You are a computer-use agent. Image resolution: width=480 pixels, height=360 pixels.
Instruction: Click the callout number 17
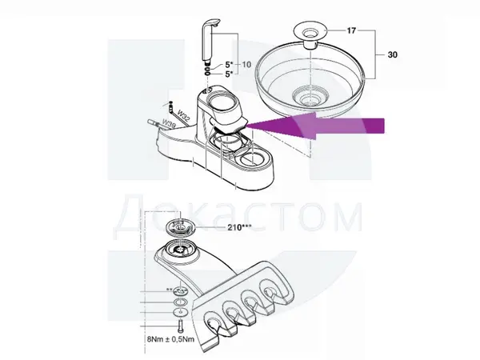[351, 30]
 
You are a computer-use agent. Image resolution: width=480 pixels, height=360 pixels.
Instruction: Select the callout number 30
[393, 54]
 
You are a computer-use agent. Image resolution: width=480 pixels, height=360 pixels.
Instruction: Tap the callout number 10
[246, 64]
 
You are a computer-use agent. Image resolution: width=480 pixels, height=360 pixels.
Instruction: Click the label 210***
[239, 227]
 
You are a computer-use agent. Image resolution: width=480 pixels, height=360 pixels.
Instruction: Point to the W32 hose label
[183, 117]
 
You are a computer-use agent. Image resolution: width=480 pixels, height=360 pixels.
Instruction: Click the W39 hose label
[169, 123]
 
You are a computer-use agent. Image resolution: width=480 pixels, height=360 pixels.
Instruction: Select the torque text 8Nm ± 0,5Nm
[170, 339]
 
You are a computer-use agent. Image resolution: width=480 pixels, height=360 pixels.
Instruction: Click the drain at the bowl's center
[309, 96]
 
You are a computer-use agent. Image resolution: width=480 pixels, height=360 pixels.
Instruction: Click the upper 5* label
[230, 65]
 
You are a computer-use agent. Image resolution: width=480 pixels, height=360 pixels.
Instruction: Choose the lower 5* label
[230, 74]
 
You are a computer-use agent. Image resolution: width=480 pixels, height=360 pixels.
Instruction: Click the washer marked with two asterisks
[181, 290]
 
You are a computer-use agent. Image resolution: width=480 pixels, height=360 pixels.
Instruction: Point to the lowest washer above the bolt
[181, 312]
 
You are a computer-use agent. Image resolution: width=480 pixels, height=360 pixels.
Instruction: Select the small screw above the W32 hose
[170, 103]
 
